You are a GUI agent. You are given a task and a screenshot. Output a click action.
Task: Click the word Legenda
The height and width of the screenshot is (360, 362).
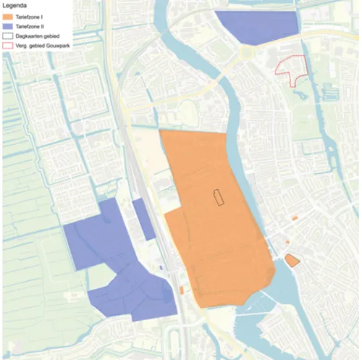15,4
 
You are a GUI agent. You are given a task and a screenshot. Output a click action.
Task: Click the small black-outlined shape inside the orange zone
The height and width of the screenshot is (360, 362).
217,198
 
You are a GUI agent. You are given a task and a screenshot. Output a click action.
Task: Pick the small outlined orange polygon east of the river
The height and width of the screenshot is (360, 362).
292,260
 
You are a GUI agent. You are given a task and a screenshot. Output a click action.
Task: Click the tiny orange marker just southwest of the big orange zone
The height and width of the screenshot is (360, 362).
181,290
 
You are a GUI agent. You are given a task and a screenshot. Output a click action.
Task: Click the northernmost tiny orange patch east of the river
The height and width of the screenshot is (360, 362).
295,217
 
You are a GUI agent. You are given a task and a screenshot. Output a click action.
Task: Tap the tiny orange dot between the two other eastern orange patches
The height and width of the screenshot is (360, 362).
288,242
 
